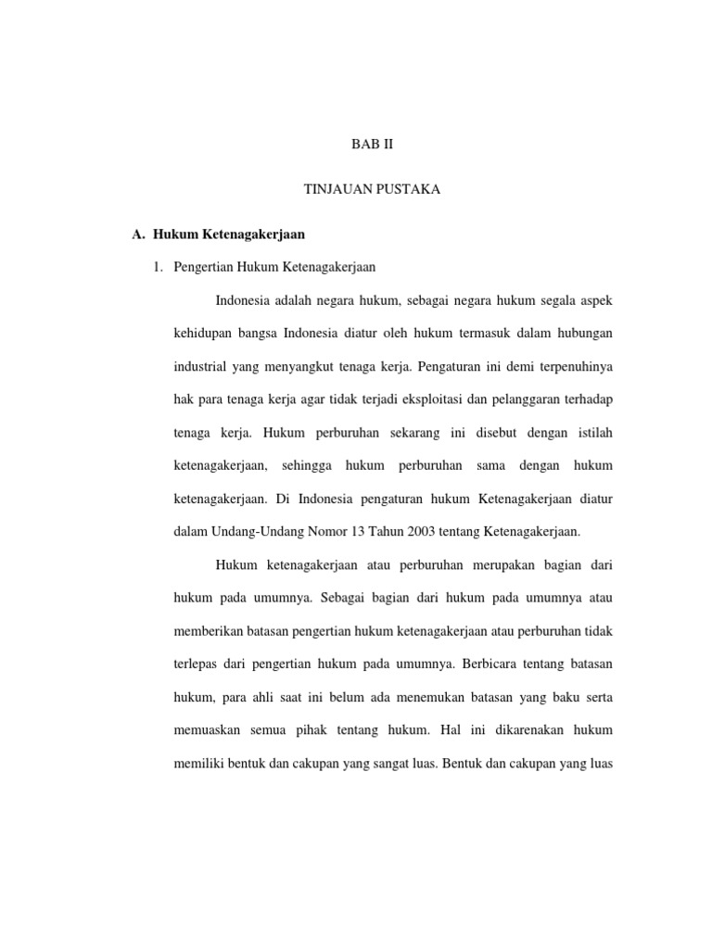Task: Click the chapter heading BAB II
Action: coord(372,146)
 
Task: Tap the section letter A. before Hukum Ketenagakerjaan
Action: coord(140,234)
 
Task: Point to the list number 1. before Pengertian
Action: coord(159,268)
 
